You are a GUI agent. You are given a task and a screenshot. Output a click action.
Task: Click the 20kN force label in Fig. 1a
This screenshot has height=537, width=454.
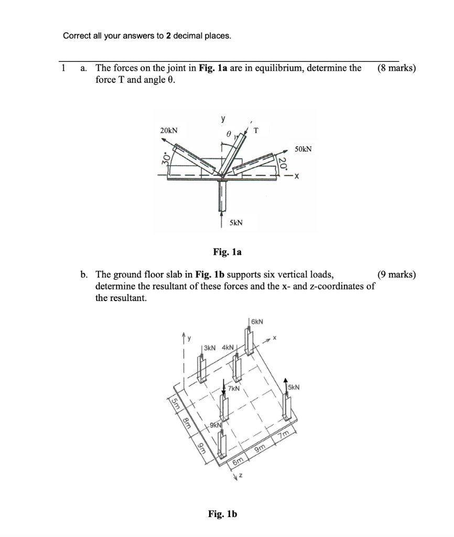(168, 130)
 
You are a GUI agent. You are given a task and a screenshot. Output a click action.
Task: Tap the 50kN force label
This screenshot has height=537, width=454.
(303, 149)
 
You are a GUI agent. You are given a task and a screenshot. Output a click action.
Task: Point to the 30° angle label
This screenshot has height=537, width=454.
(164, 158)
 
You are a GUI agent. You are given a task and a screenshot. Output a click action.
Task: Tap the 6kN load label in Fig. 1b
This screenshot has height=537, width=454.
(257, 320)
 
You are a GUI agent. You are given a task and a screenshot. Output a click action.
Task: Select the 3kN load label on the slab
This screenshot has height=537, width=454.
(209, 347)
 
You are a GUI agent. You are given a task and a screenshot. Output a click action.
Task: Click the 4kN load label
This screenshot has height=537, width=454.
(229, 347)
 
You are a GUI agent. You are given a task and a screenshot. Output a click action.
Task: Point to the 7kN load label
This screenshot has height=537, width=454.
(234, 389)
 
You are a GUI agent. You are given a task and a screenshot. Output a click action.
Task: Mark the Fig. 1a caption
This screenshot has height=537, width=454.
(227, 252)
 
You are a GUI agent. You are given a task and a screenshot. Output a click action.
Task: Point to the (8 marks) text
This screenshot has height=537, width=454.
(396, 68)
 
